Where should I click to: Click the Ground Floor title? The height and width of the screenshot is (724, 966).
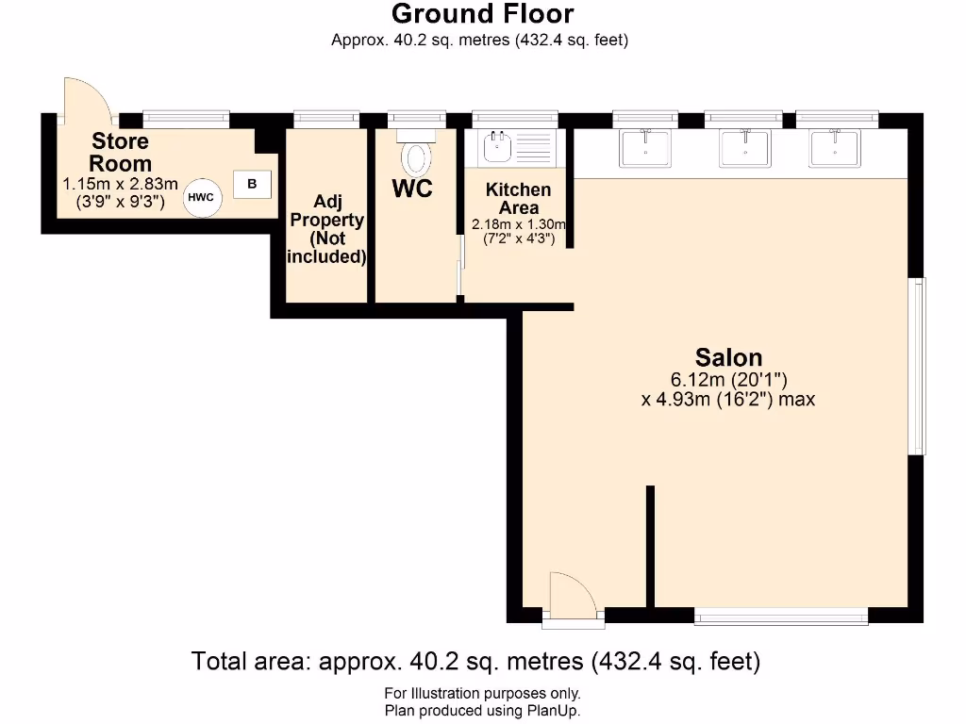[481, 14]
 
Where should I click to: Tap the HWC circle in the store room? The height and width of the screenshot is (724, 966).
[200, 197]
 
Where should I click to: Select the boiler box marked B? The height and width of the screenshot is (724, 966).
[251, 184]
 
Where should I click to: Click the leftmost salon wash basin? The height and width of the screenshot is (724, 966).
[645, 148]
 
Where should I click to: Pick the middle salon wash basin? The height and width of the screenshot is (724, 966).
[743, 148]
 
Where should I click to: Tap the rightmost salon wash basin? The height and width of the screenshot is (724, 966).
[835, 148]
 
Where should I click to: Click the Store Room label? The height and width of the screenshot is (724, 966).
[120, 152]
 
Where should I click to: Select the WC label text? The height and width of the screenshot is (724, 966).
[412, 189]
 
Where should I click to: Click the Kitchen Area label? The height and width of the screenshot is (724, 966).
[518, 199]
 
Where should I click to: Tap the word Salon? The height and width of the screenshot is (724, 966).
[728, 357]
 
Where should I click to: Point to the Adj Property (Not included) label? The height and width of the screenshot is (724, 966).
[326, 229]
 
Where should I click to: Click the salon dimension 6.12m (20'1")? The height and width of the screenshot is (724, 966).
[728, 380]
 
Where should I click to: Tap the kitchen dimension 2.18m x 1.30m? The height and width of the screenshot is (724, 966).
[518, 224]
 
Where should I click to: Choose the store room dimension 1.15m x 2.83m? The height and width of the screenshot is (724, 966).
[120, 184]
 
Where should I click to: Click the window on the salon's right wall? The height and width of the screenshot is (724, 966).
[917, 367]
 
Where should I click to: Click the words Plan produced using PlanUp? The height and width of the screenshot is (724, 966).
[481, 711]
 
